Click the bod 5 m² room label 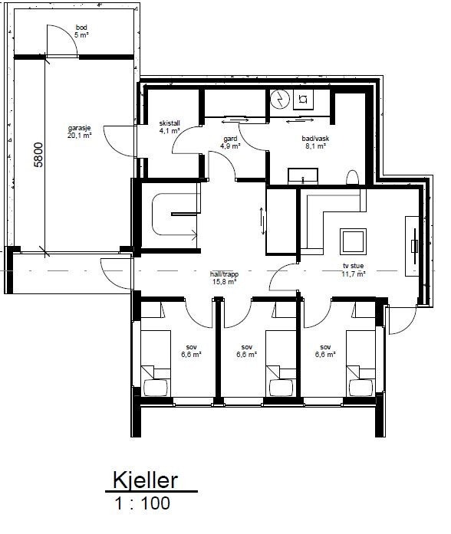point(81,31)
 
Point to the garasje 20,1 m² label point(78,133)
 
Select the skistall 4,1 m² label point(168,126)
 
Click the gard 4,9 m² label point(230,142)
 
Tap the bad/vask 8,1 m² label point(315,142)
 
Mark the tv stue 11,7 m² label point(354,270)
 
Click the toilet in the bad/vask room point(353,178)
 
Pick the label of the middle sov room point(246,350)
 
